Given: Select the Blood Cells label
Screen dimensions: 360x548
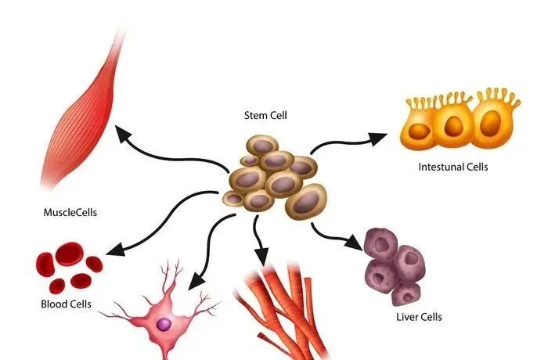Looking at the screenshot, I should (67, 304).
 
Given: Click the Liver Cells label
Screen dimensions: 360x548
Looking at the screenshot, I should (420, 317).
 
